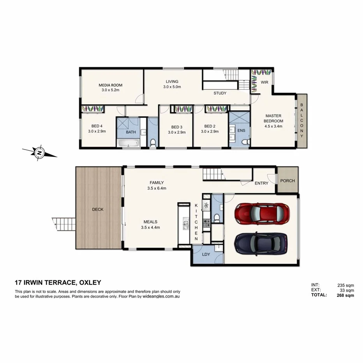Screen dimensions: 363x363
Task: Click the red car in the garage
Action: (262, 213)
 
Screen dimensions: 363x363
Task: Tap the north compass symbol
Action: (39, 153)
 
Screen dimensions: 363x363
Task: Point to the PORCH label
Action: (287, 181)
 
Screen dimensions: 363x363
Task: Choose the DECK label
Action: (98, 209)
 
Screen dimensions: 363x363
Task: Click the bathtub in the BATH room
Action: (128, 144)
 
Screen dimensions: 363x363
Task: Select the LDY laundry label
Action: (206, 254)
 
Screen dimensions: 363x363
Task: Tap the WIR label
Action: (264, 82)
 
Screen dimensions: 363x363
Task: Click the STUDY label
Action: (220, 93)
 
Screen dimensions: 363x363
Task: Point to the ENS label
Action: (241, 130)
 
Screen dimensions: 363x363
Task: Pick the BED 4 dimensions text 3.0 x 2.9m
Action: (97, 131)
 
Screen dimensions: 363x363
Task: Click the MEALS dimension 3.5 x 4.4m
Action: (151, 227)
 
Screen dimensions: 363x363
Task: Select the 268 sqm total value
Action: (345, 295)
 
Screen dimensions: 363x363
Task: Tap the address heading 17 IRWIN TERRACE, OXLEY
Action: (58, 283)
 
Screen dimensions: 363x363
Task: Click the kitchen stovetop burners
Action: (206, 223)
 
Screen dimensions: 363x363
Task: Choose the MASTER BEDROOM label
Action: (274, 118)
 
